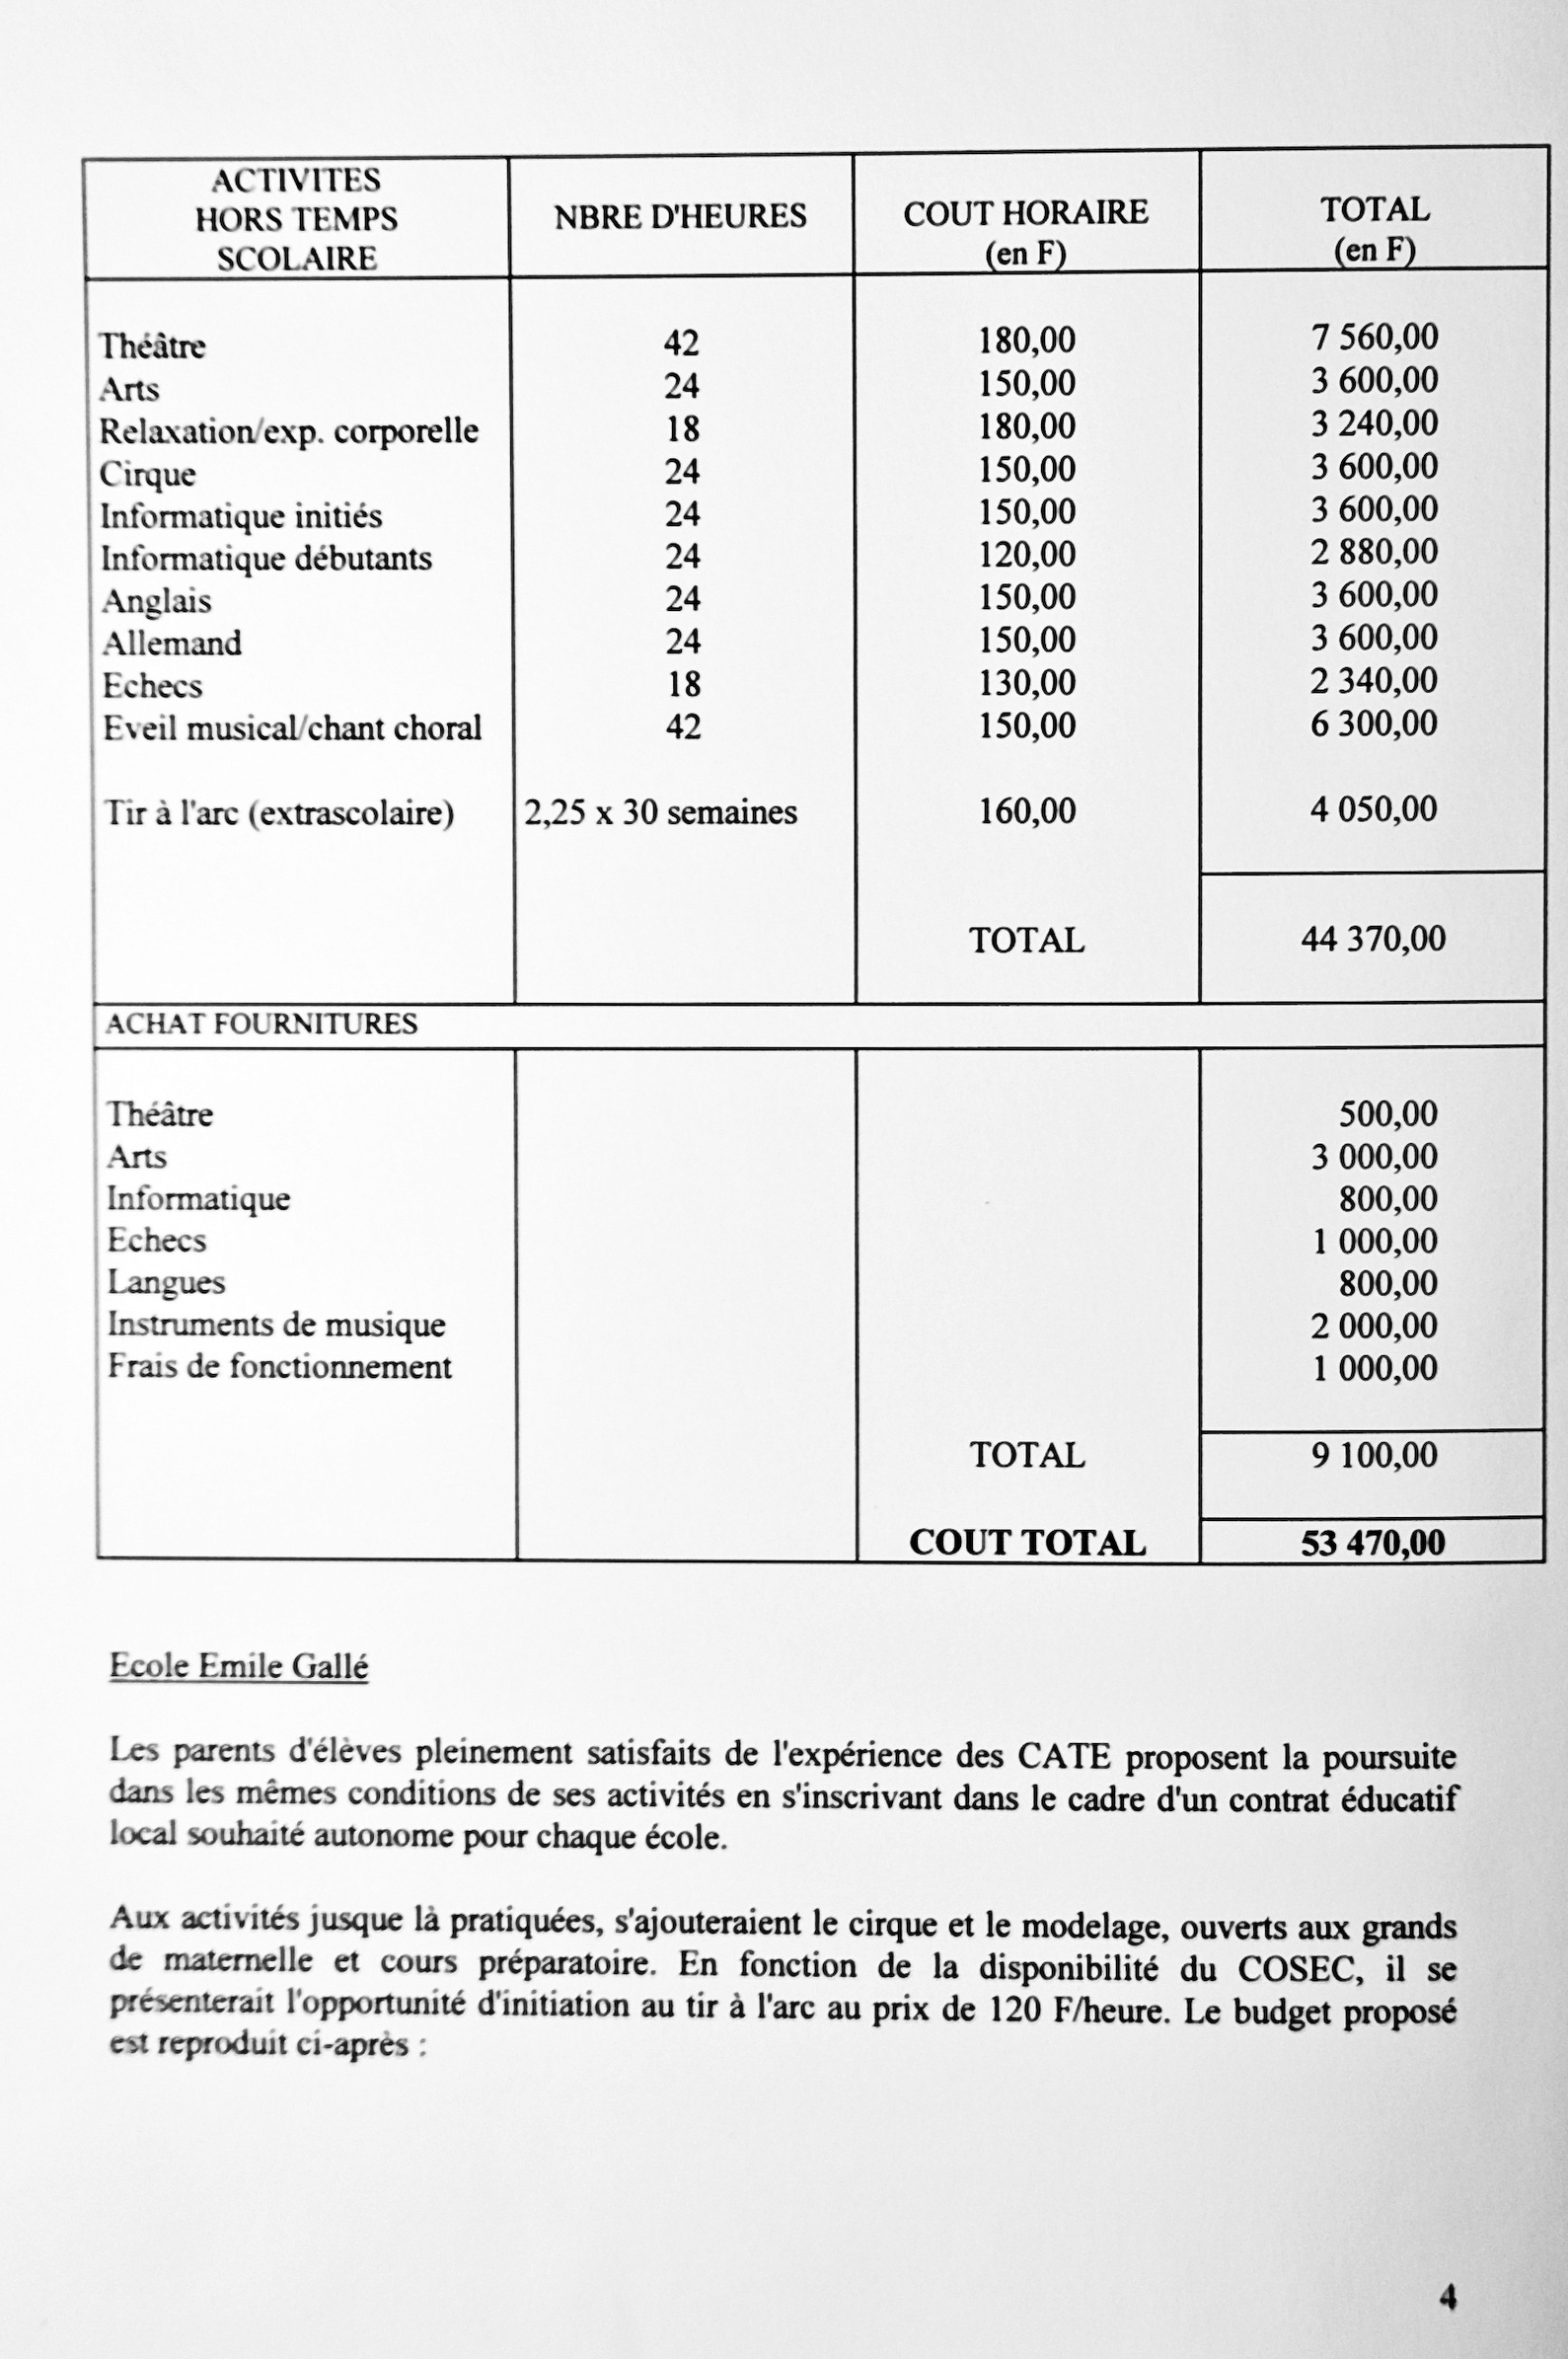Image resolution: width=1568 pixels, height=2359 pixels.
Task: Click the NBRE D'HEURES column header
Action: click(680, 216)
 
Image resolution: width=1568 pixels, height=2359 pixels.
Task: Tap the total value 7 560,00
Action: click(1374, 337)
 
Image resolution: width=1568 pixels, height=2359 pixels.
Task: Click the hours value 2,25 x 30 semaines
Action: click(660, 812)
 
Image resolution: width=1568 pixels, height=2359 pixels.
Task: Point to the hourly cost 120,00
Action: click(1026, 554)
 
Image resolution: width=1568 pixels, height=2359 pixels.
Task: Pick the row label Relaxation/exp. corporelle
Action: click(288, 431)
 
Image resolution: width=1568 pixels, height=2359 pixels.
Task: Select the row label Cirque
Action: click(147, 474)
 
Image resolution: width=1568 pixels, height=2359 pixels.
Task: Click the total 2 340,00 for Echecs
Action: click(1374, 681)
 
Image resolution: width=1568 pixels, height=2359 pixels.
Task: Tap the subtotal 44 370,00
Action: click(1373, 939)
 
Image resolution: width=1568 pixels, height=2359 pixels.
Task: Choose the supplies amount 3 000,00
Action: click(1374, 1157)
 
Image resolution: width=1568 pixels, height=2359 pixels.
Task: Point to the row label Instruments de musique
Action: click(276, 1325)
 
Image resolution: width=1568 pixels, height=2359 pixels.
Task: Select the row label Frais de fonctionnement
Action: click(279, 1367)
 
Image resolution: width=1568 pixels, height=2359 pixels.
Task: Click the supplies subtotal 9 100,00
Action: click(1374, 1455)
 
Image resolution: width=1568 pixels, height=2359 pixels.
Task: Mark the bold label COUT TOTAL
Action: click(1027, 1542)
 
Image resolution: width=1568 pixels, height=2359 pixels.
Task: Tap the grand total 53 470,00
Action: click(1373, 1542)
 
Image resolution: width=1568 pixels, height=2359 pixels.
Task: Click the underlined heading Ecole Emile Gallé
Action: click(238, 1666)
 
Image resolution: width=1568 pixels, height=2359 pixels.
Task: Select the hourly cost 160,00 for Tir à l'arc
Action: click(1026, 811)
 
